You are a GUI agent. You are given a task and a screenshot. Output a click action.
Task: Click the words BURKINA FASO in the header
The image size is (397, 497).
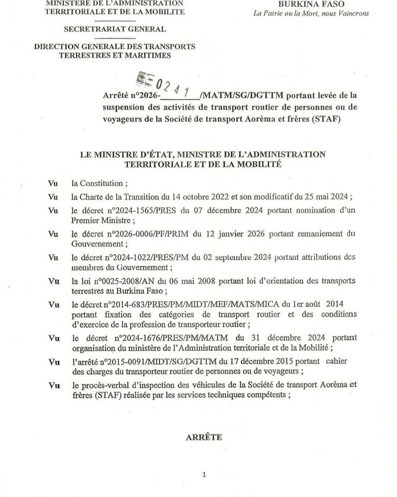click(x=311, y=4)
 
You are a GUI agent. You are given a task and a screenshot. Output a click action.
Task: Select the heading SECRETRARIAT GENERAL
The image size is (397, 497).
click(x=115, y=29)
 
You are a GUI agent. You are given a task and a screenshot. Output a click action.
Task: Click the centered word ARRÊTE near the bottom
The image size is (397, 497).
click(x=204, y=437)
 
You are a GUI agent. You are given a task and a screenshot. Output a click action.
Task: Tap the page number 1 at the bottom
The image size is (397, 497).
click(x=204, y=475)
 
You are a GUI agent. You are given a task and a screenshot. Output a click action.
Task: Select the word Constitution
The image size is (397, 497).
click(x=101, y=183)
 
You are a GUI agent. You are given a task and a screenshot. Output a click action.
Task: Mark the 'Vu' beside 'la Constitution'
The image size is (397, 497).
click(x=53, y=183)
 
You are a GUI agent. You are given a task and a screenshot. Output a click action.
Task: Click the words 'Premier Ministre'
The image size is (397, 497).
click(x=100, y=221)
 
